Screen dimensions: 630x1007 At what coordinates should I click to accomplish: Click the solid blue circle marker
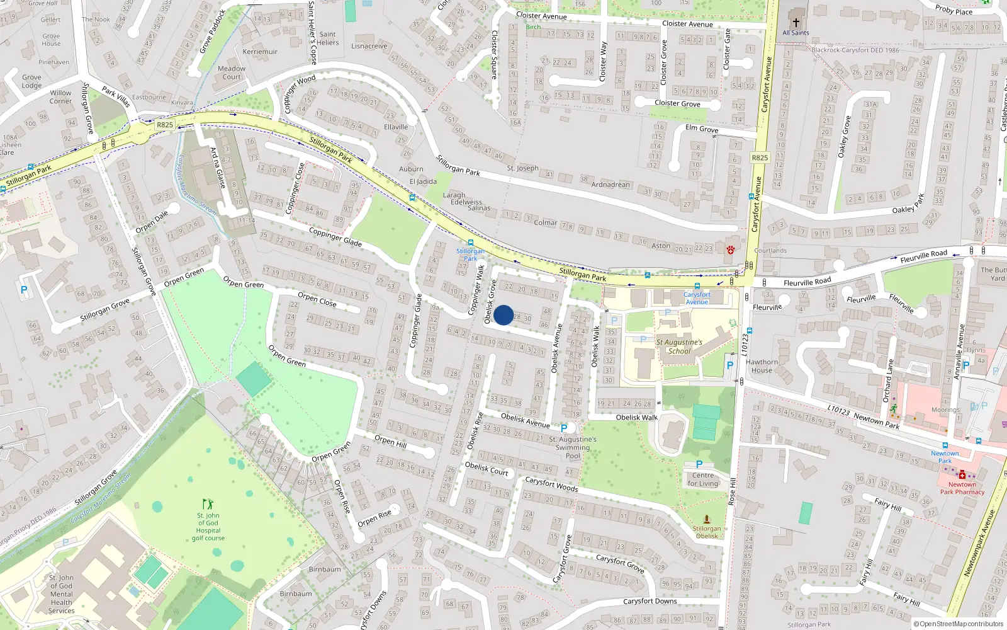503,315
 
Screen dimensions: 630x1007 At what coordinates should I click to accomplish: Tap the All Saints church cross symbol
796,22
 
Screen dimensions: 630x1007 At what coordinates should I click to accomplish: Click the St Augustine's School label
679,346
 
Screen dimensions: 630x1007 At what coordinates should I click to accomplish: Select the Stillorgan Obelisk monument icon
707,520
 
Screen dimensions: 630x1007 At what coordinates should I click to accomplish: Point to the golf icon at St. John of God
208,504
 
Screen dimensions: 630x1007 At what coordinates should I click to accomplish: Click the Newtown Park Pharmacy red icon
962,475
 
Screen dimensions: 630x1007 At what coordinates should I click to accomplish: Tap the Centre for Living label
702,479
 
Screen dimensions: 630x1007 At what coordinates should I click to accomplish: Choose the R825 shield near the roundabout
165,125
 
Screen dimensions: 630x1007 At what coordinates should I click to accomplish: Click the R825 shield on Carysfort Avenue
760,157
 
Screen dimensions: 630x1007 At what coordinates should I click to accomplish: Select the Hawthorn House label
762,366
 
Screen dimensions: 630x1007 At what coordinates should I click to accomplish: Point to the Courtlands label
770,250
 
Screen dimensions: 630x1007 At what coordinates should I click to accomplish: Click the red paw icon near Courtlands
730,249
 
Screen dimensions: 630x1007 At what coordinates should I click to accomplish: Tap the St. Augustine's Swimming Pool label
573,447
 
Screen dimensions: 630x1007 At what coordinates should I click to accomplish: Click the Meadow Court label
232,72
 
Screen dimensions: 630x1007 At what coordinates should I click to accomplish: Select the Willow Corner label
61,96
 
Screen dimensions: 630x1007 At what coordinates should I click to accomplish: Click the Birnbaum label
325,569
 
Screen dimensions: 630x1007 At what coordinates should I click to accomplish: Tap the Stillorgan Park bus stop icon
470,243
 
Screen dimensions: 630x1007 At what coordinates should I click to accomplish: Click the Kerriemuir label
260,52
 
